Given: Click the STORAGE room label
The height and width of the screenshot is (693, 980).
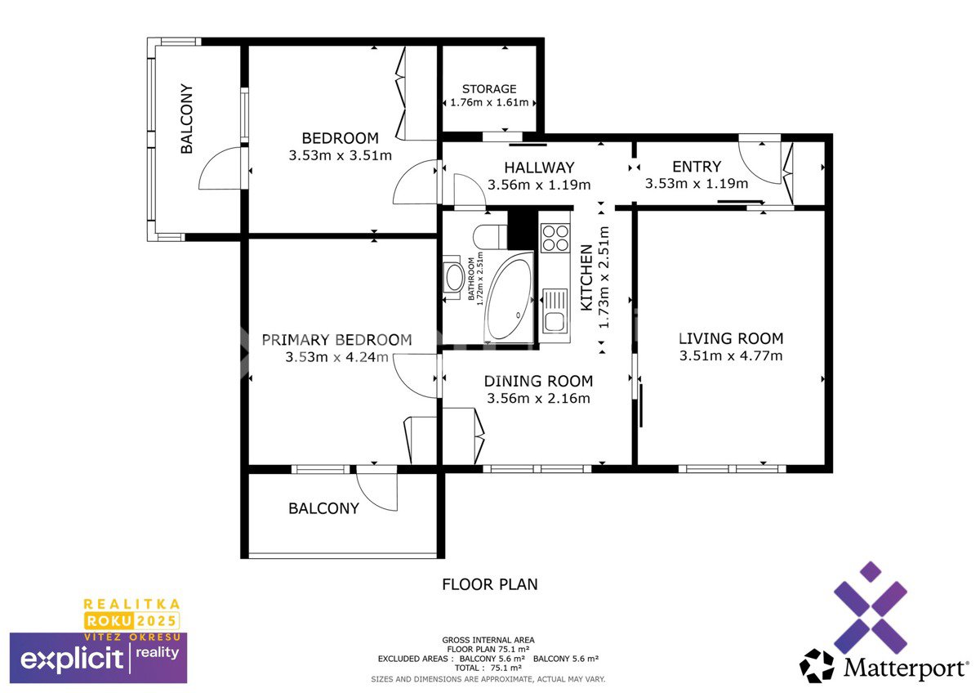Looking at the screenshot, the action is (489, 89).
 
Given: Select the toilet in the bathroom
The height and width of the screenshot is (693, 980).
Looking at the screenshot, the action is (490, 237).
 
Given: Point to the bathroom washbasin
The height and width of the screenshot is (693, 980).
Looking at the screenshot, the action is (454, 278).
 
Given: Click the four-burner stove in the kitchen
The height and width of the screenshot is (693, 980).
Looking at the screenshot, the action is (555, 238).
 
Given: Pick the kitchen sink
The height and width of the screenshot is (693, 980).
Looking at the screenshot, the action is (555, 311).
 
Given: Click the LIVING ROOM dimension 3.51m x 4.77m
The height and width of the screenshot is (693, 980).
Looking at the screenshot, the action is (731, 355).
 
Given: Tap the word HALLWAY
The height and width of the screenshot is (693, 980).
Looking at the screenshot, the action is (539, 168).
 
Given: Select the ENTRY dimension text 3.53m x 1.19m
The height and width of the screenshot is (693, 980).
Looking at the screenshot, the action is (697, 183).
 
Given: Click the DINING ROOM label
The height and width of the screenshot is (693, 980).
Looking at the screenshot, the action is (538, 381).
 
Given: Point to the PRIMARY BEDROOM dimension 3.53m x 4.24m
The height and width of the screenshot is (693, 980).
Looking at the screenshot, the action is (336, 357).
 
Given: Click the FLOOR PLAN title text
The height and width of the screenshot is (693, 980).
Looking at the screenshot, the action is (489, 584).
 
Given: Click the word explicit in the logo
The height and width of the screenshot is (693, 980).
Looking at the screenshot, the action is (72, 659).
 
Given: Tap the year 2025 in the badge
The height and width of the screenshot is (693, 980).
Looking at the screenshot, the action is (156, 620).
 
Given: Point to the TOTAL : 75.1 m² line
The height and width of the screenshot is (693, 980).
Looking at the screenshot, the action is (488, 668).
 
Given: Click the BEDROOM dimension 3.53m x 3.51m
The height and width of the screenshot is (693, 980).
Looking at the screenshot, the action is (340, 155).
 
